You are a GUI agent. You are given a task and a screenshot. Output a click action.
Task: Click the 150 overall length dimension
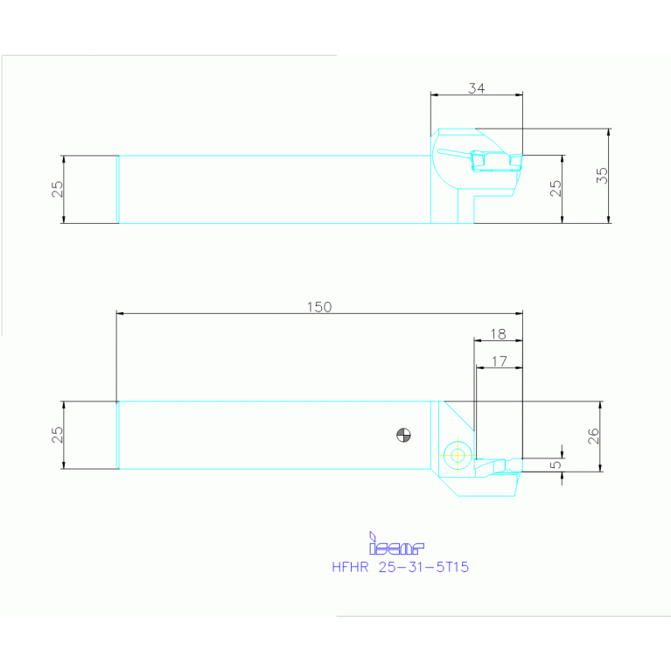point(319,306)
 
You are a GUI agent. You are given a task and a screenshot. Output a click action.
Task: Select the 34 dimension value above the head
point(476,88)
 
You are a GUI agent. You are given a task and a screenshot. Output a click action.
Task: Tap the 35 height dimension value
point(602,175)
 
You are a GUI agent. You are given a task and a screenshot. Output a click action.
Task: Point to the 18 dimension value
point(498,334)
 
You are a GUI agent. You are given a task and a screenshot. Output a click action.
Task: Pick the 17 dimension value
point(499,360)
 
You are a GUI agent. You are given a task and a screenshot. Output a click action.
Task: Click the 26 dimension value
point(593,436)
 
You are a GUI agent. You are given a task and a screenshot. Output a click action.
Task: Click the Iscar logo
point(396,545)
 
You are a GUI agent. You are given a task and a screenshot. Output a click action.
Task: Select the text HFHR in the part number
point(350,567)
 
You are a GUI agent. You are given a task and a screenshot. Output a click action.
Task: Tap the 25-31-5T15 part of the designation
point(423,567)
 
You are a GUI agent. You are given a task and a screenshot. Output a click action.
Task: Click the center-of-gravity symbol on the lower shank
point(403,434)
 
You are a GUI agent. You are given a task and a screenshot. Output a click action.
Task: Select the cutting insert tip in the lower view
point(507,465)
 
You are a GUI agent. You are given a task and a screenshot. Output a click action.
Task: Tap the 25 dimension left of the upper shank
point(58,189)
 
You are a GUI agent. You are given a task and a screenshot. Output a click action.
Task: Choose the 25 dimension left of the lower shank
point(58,435)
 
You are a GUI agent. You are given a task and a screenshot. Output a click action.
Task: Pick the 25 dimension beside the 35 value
point(556,189)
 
